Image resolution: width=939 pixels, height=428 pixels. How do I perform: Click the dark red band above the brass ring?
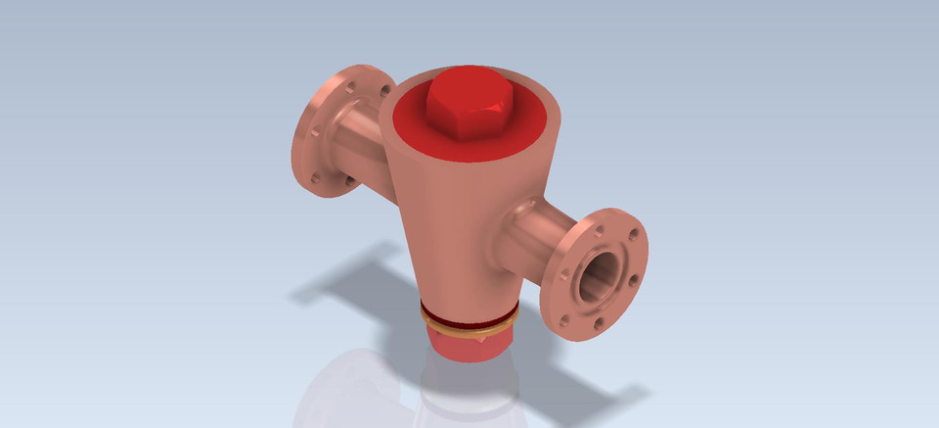469,315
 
